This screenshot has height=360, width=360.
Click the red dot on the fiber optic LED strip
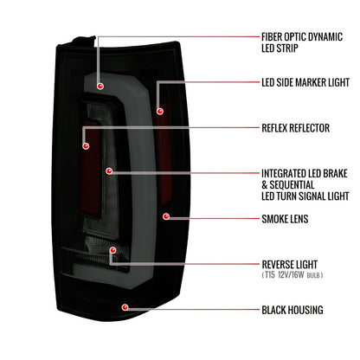click(100, 86)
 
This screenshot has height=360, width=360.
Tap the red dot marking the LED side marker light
click(160, 111)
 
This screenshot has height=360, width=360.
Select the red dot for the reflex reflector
click(86, 146)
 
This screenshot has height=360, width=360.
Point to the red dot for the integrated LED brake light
click(109, 171)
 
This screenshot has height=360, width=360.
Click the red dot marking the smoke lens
click(166, 216)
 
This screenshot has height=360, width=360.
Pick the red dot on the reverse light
click(113, 250)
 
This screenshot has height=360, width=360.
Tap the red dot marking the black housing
click(125, 307)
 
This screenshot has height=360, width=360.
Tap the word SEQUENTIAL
click(292, 185)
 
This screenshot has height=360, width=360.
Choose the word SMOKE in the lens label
click(273, 219)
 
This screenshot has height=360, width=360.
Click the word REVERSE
click(277, 265)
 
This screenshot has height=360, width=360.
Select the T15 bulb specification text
click(292, 275)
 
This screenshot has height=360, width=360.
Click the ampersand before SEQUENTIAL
click(265, 185)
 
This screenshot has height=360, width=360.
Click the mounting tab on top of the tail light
click(84, 40)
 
